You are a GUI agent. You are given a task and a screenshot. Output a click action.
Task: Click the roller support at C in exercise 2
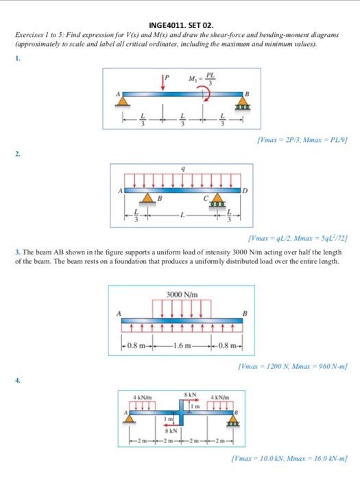(x=211, y=199)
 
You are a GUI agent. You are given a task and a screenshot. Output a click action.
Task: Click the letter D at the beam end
(x=242, y=189)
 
